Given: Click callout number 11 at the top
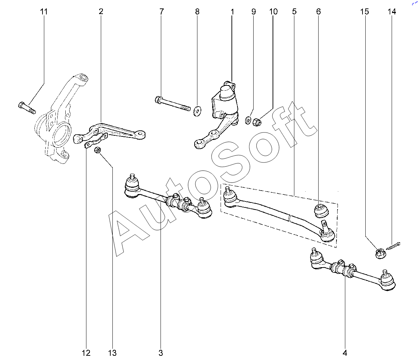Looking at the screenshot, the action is (44, 12).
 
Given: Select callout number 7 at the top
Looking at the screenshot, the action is (161, 12).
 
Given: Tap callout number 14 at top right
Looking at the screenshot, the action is (392, 12).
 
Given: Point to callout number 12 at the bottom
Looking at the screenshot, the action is (86, 353).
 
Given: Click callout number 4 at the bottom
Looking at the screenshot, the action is (345, 353).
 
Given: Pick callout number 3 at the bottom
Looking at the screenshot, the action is (161, 353).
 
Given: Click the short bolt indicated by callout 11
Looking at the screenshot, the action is (27, 108).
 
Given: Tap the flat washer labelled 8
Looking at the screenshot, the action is (197, 111).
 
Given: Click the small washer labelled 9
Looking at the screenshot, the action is (248, 120).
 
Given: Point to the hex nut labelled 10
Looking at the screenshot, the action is (257, 122).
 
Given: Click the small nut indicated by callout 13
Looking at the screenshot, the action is (97, 150).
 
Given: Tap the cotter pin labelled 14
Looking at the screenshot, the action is (393, 246).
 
